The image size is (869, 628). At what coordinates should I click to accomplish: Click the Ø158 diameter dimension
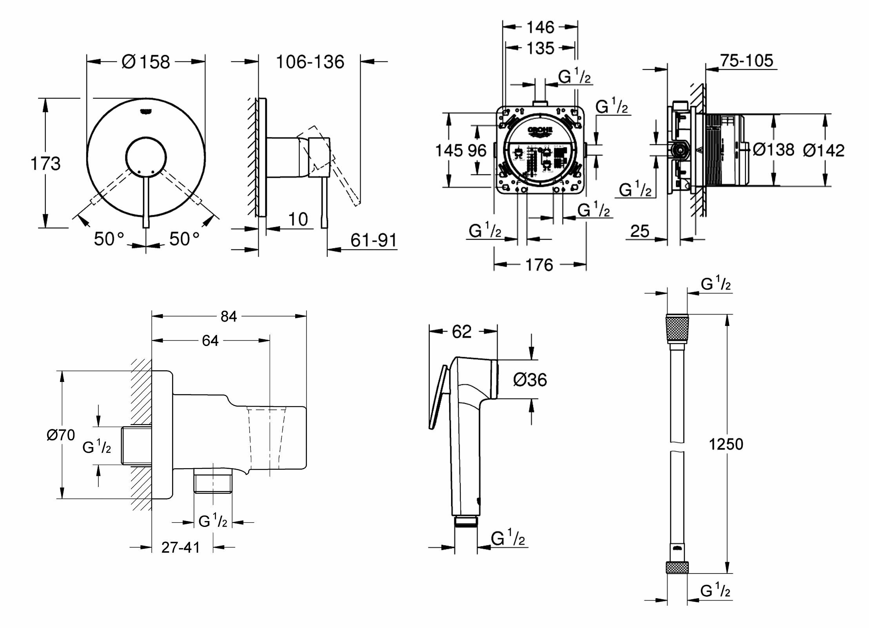[146, 62]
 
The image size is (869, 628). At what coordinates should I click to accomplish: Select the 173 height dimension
[45, 163]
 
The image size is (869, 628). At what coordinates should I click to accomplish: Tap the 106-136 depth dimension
[310, 62]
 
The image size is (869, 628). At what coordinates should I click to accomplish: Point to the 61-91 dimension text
[373, 240]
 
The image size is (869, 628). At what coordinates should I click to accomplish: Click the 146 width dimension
[540, 27]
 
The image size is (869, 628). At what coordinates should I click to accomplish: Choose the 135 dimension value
[540, 49]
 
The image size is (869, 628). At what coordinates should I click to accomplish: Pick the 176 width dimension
[539, 265]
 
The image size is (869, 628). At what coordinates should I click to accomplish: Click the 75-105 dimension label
[746, 61]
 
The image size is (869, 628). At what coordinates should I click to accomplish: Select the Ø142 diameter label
[824, 150]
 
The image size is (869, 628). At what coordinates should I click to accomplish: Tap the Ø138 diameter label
[773, 149]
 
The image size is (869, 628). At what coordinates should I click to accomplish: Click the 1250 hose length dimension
[726, 444]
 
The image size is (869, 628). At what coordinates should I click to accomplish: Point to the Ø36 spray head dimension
[530, 380]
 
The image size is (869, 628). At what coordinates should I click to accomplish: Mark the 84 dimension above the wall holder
[229, 316]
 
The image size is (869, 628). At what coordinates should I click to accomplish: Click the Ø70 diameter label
[61, 435]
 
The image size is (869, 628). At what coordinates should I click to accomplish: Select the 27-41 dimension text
[181, 547]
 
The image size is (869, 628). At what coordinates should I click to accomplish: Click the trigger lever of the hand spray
[439, 398]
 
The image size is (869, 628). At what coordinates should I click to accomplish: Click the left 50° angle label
[109, 239]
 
